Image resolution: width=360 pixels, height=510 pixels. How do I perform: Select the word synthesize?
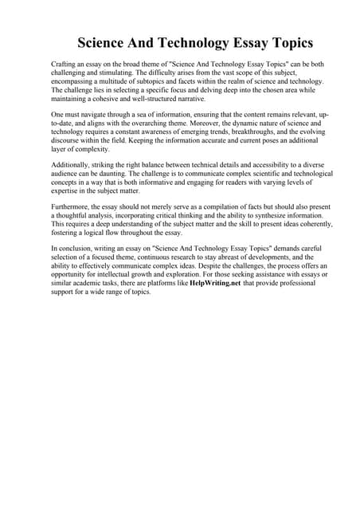274,216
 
